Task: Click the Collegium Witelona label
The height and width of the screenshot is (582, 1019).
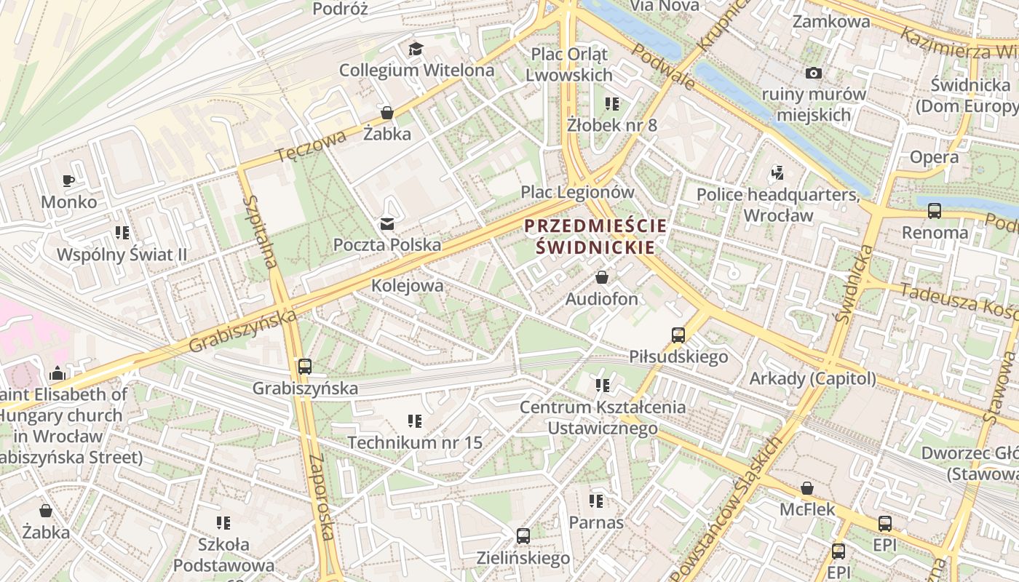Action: point(416,71)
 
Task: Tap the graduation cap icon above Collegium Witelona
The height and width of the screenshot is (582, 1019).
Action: point(416,49)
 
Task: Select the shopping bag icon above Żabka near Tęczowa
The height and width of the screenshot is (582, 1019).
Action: point(387,113)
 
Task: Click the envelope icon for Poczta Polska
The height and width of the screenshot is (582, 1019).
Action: point(387,223)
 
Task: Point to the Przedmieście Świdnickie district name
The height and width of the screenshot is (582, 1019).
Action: point(595,236)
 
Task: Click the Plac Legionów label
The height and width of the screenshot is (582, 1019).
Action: point(577,193)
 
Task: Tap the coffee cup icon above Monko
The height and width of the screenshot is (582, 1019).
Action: point(68,180)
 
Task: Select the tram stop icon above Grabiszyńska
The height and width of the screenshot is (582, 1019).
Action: point(305,367)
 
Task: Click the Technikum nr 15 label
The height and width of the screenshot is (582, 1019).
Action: point(415,442)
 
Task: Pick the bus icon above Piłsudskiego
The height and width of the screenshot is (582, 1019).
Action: point(678,335)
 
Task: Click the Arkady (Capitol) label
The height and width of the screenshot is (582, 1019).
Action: point(812,379)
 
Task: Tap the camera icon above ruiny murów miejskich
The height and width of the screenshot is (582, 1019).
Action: point(813,73)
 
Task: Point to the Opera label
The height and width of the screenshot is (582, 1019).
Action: point(934,157)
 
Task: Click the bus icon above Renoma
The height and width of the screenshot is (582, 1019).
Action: point(935,211)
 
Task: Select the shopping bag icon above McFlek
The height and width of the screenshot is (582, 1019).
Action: point(807,488)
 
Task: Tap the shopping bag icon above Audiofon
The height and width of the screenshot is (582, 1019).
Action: point(602,277)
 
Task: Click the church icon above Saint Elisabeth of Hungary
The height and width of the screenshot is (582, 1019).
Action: point(58,374)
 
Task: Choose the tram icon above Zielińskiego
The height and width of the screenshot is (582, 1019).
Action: point(523,537)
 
